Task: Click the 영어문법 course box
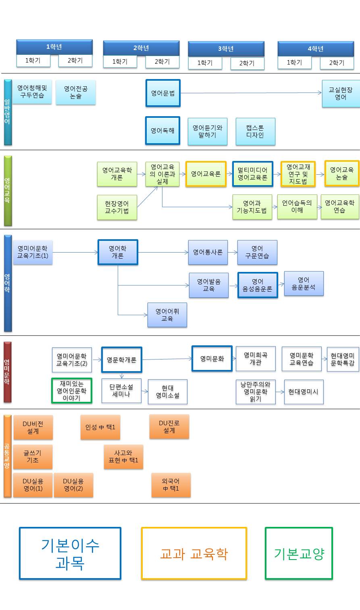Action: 163,93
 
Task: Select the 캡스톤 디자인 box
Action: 255,132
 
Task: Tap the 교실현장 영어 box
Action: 341,94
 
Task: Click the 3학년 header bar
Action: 226,49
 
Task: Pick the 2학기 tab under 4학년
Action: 337,63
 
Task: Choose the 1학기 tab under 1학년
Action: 33,61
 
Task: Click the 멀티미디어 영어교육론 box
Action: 252,174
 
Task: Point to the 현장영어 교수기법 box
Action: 117,207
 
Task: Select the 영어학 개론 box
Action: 118,252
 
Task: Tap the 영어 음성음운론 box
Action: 258,285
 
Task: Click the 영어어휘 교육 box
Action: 167,315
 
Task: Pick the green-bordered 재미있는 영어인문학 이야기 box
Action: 72,391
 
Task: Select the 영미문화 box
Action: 212,358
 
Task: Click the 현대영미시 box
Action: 304,391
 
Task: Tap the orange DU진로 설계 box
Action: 169,427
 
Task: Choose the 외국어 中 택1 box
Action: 171,485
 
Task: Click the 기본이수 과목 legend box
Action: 70,554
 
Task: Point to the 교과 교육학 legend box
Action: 194,554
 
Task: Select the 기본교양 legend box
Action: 299,554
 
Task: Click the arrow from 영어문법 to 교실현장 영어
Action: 250,93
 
